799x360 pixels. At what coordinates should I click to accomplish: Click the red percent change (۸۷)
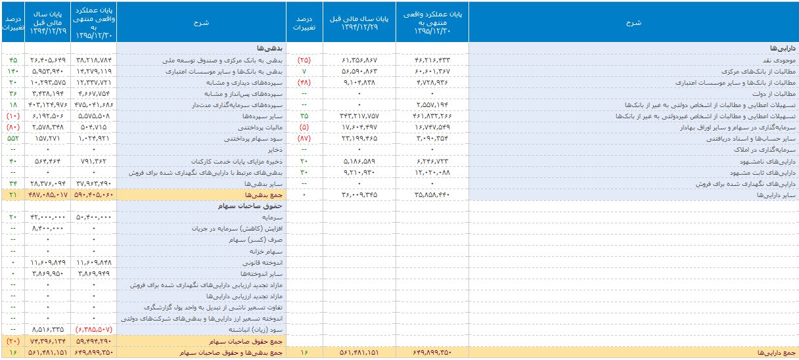click(304, 139)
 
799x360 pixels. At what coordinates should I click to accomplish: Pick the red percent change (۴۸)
click(304, 82)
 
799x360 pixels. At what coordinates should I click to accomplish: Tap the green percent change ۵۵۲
click(13, 139)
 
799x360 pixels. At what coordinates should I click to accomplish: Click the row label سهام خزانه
click(256, 251)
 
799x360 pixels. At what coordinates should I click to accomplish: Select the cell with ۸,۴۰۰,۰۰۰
click(49, 228)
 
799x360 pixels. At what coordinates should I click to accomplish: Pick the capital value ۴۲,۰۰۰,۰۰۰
click(49, 217)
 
